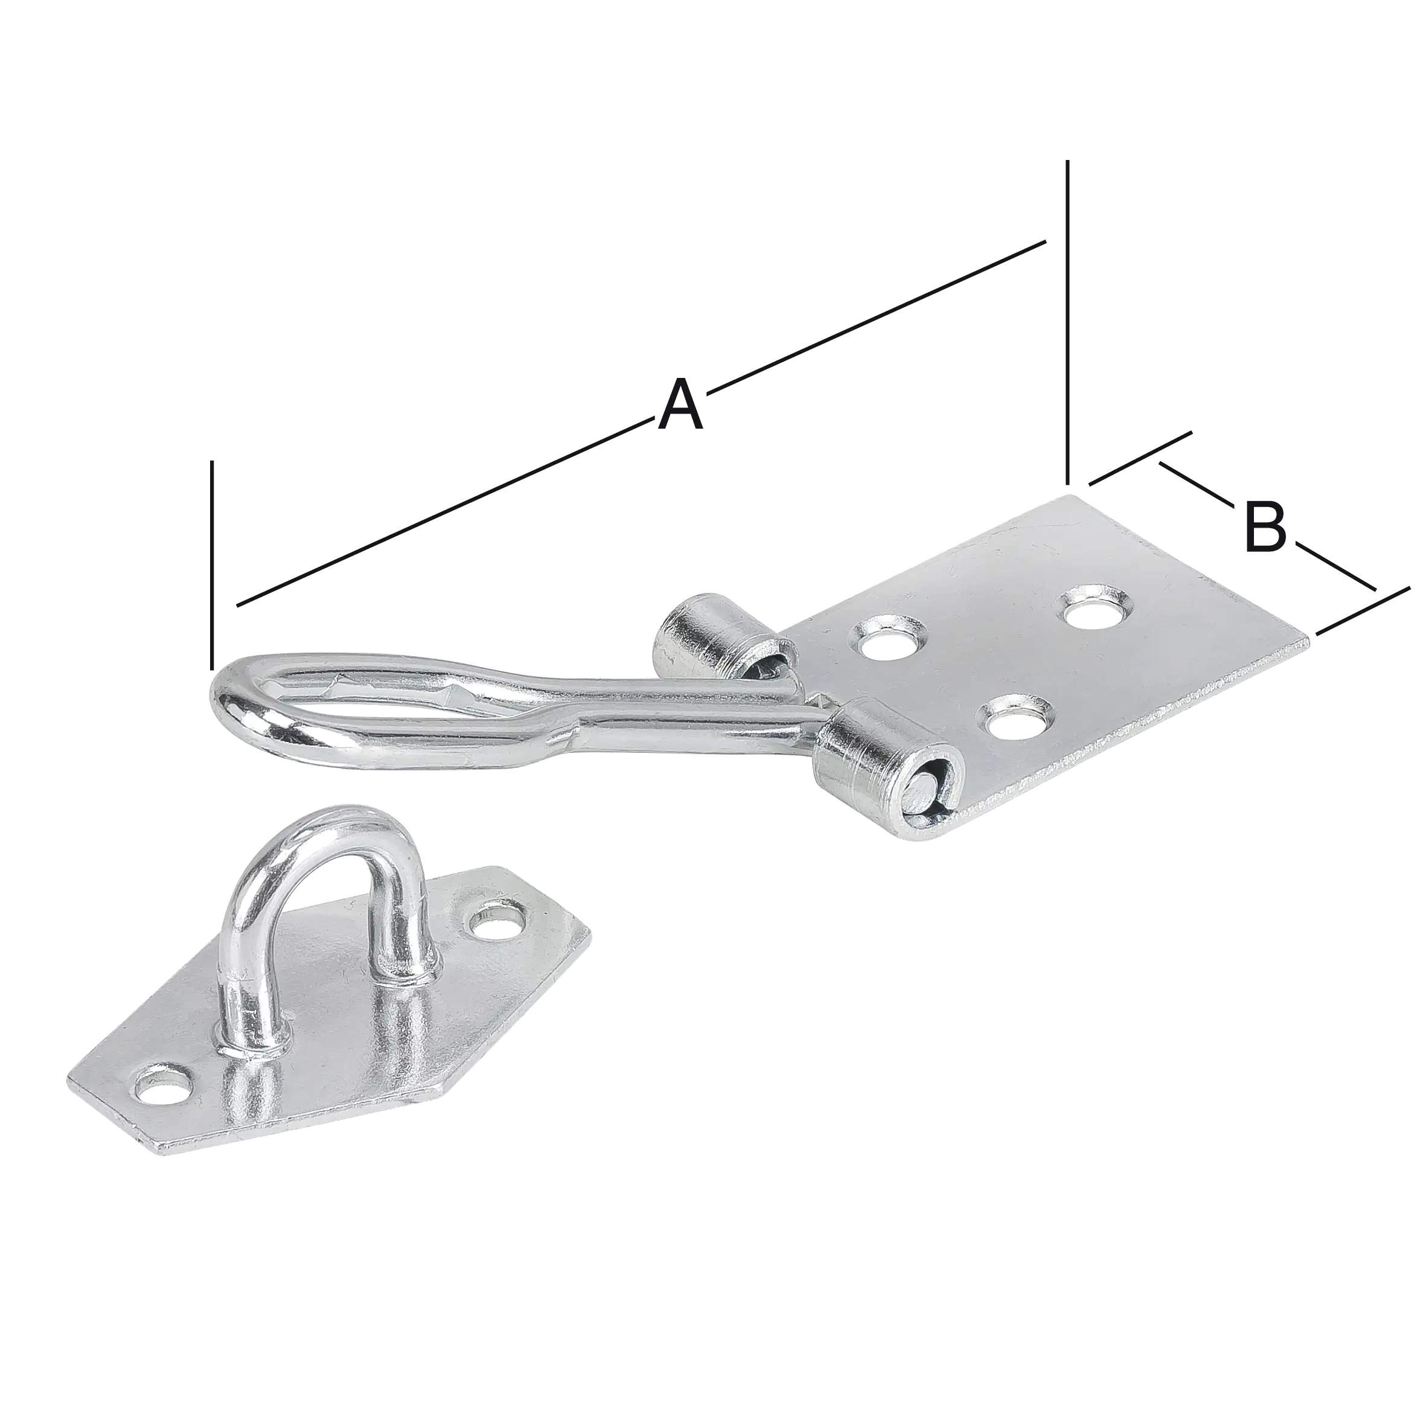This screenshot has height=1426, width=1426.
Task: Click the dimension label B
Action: [x=1265, y=526]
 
